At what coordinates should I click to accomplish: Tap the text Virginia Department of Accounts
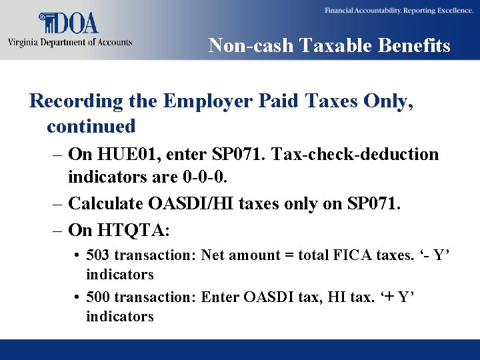pos(70,42)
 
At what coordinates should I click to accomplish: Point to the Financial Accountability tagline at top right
pos(399,11)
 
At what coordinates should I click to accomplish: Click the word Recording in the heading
pos(77,101)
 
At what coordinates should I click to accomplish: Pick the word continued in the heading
pos(91,125)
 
